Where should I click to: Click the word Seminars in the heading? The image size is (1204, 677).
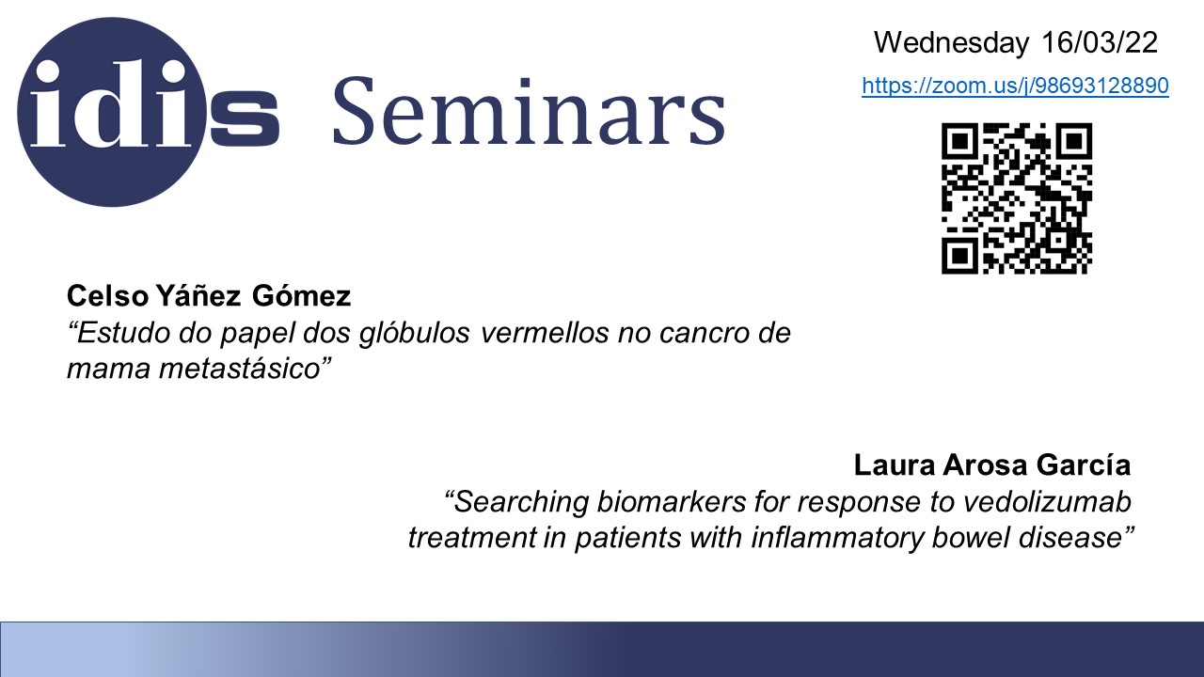pyautogui.click(x=530, y=112)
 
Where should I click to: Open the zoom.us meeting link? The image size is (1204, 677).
pyautogui.click(x=1015, y=86)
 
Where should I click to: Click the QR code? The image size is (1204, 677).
pyautogui.click(x=1017, y=198)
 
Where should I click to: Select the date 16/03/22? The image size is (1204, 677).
pyautogui.click(x=1100, y=42)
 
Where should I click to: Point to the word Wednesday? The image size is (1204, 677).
pyautogui.click(x=951, y=43)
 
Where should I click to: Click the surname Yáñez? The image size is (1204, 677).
pyautogui.click(x=198, y=295)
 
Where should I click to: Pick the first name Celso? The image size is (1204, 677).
pyautogui.click(x=107, y=296)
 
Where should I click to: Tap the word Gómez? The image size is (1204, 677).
pyautogui.click(x=301, y=295)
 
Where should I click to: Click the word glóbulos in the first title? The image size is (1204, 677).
pyautogui.click(x=415, y=333)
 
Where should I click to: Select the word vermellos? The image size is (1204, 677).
pyautogui.click(x=545, y=333)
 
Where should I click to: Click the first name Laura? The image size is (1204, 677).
pyautogui.click(x=895, y=465)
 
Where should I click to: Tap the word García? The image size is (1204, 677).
pyautogui.click(x=1084, y=464)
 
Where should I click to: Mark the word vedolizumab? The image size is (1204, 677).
pyautogui.click(x=1047, y=502)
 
